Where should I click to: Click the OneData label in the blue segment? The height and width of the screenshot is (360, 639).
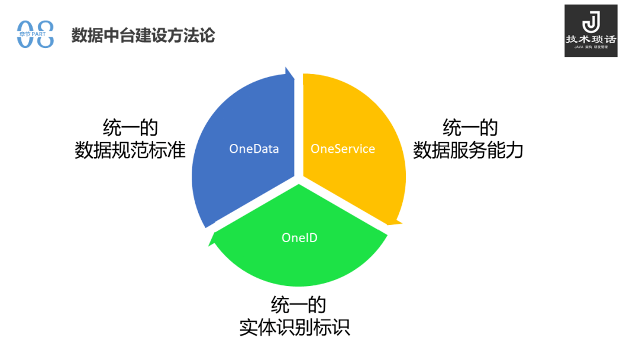tap(254, 149)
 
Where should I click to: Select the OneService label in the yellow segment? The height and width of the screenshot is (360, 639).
tap(343, 149)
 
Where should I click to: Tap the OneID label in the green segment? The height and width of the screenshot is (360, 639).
tap(299, 237)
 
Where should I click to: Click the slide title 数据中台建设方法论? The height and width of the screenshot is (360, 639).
tap(143, 35)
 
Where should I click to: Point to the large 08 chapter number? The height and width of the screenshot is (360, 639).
tap(35, 34)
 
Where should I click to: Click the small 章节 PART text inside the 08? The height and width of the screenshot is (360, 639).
tap(33, 34)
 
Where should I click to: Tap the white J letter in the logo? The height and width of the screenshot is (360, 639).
tap(591, 22)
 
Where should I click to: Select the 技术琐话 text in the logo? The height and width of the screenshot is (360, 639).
tap(591, 39)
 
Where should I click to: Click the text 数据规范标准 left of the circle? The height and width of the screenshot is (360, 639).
tap(130, 150)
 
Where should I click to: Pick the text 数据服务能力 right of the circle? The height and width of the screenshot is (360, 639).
tap(468, 150)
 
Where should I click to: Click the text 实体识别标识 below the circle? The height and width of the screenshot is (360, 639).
tap(295, 327)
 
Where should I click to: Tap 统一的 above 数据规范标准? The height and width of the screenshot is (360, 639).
tap(130, 128)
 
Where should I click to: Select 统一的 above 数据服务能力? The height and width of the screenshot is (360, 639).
tap(470, 128)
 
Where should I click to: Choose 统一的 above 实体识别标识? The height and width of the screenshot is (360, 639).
tap(299, 304)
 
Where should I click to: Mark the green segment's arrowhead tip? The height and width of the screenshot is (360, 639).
tap(209, 246)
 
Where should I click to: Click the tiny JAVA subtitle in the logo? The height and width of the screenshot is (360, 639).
tap(579, 47)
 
